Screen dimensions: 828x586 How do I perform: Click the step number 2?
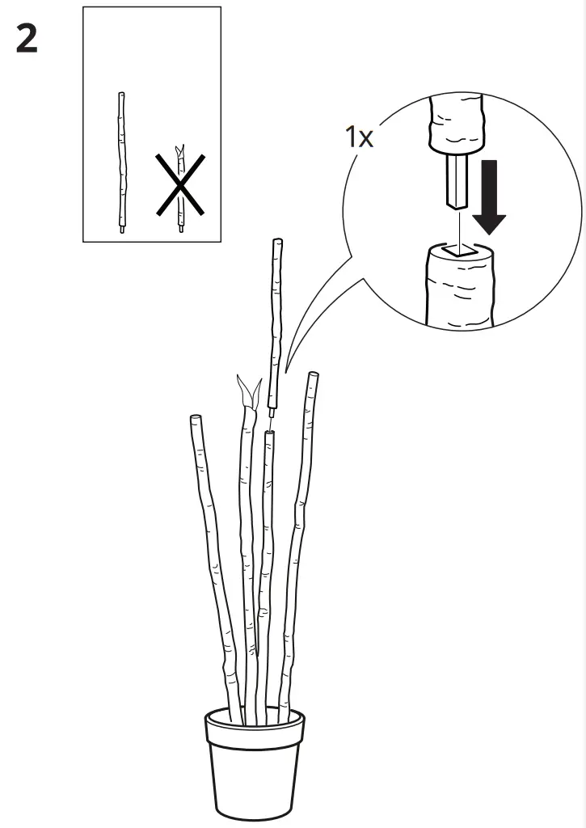click(27, 39)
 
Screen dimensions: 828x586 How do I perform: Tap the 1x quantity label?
click(359, 137)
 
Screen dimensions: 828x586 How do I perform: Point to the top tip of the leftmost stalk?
click(195, 418)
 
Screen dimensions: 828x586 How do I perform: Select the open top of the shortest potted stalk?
click(269, 433)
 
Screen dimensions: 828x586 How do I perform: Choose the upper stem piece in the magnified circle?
click(457, 126)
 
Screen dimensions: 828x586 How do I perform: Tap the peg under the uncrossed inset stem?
click(122, 230)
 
